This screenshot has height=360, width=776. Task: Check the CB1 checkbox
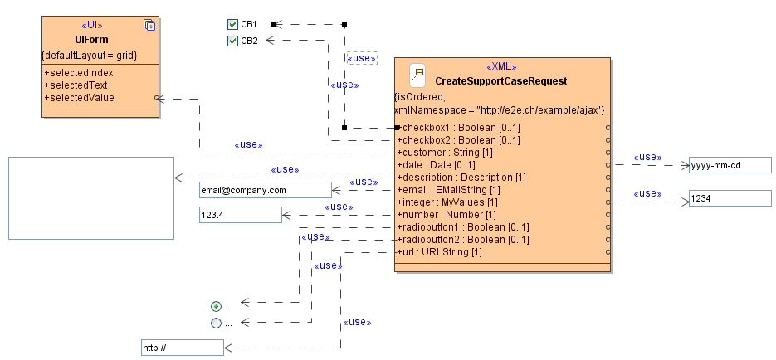pyautogui.click(x=233, y=25)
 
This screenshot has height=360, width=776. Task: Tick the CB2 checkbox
pyautogui.click(x=233, y=41)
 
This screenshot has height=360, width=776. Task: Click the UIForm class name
pyautogui.click(x=91, y=40)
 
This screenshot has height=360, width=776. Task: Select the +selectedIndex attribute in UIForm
pyautogui.click(x=78, y=73)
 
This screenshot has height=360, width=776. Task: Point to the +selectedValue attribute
pyautogui.click(x=79, y=98)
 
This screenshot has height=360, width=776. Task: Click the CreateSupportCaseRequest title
pyautogui.click(x=500, y=81)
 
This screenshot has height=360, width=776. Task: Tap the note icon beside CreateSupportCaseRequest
pyautogui.click(x=417, y=76)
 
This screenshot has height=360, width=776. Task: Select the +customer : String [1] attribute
pyautogui.click(x=445, y=153)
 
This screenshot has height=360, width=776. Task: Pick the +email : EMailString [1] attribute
pyautogui.click(x=448, y=190)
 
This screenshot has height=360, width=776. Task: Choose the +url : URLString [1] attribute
pyautogui.click(x=440, y=252)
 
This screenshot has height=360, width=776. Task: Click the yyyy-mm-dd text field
pyautogui.click(x=730, y=165)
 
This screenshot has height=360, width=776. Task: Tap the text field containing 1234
pyautogui.click(x=730, y=199)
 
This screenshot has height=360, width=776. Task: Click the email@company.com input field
pyautogui.click(x=265, y=190)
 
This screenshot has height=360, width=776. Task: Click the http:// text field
pyautogui.click(x=183, y=348)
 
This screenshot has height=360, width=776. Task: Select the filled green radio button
pyautogui.click(x=217, y=306)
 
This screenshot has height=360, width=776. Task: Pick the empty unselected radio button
pyautogui.click(x=217, y=324)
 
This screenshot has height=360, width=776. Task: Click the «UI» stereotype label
pyautogui.click(x=92, y=26)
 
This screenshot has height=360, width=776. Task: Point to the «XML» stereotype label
pyautogui.click(x=501, y=67)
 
